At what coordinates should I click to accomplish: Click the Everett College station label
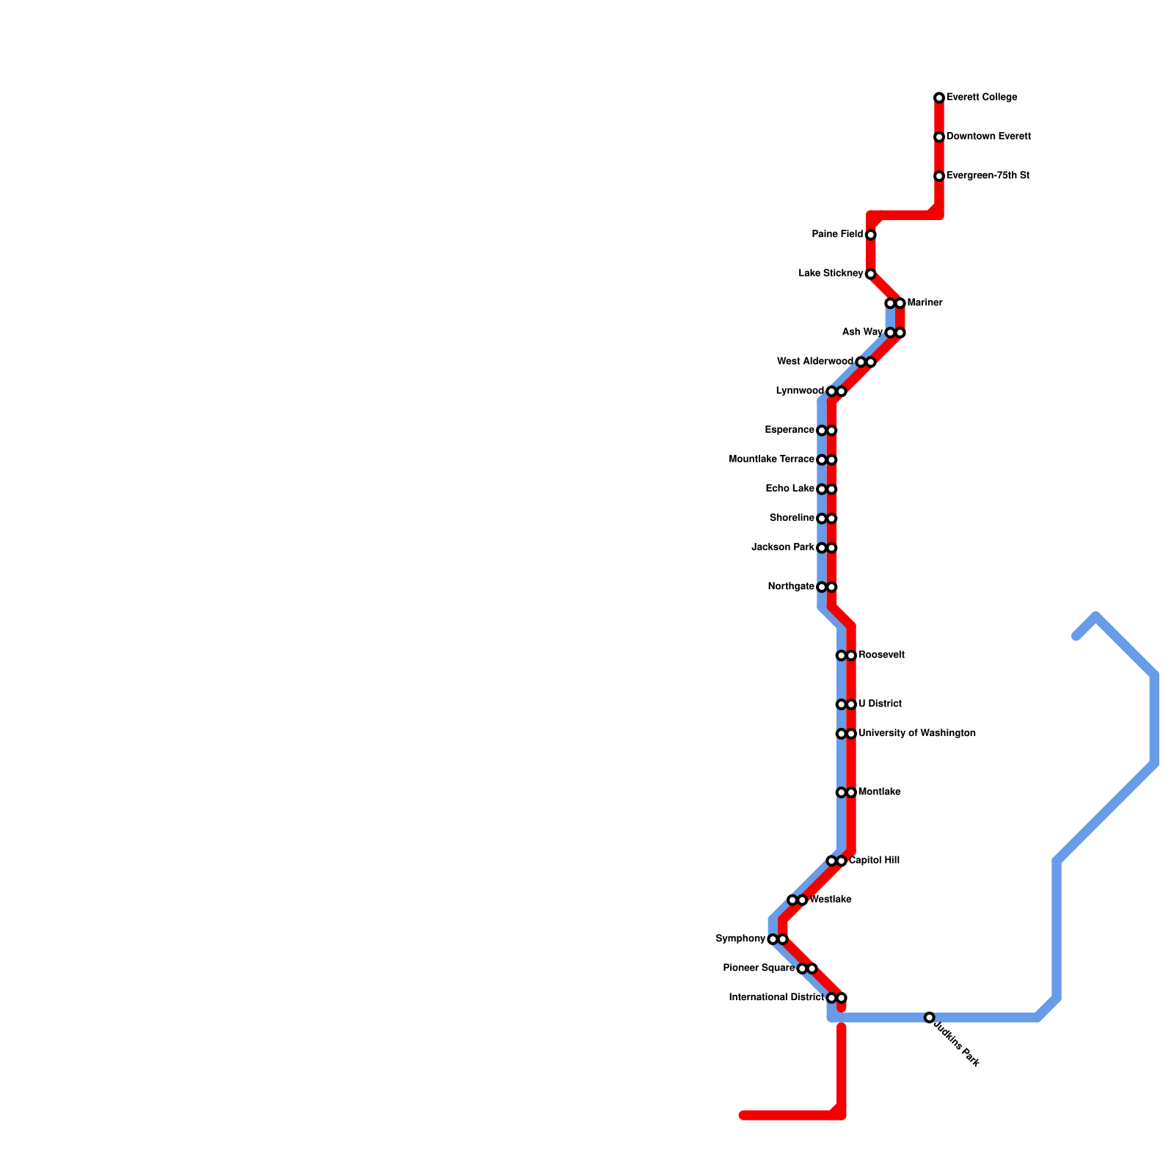981,98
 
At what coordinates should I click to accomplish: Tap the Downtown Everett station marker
939,137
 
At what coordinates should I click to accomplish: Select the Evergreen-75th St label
988,176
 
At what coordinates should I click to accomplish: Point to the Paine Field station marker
870,235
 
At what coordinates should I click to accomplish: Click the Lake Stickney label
831,274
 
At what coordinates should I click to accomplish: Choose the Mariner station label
925,303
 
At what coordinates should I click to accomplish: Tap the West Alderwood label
814,362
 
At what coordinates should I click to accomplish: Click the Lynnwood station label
800,391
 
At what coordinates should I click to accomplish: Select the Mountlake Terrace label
771,459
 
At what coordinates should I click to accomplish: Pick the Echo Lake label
790,489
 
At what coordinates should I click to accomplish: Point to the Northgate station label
791,587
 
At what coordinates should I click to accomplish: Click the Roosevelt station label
881,655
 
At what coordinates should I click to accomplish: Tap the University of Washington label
916,734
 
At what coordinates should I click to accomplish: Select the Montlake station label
879,792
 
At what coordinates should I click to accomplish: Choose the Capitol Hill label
874,861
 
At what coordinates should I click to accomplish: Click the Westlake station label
830,900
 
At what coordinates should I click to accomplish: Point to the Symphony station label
740,939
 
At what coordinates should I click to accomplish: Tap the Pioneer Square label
759,969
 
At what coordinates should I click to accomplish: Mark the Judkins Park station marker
929,1018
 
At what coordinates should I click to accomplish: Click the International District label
776,998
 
